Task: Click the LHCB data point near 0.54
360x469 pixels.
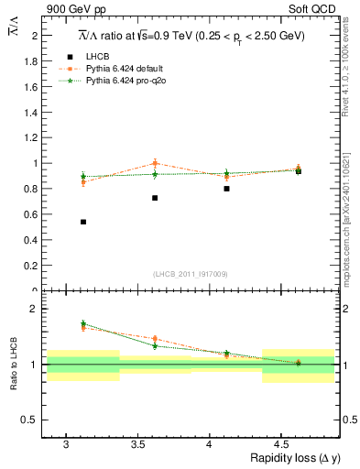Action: coord(83,222)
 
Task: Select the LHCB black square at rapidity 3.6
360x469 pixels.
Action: coord(155,198)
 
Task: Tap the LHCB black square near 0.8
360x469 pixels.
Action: coord(226,189)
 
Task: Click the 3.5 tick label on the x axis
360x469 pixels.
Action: coord(137,444)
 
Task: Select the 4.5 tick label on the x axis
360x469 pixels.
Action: coord(281,444)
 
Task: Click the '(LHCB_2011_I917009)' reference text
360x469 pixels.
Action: coord(191,274)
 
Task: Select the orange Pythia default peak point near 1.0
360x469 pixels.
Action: coord(155,163)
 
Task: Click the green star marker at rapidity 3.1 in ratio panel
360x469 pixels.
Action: coord(83,323)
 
